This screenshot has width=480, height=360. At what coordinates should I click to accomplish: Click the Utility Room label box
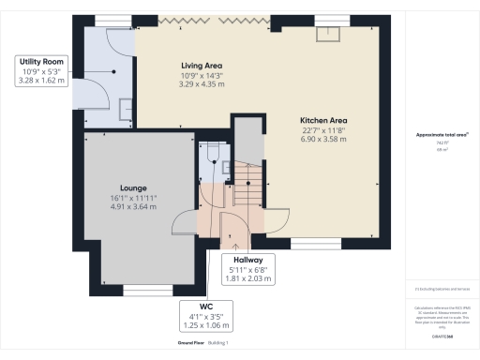(x=42, y=71)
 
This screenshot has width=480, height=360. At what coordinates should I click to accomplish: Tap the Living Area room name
(x=201, y=66)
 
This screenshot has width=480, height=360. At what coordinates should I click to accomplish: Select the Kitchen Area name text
(x=323, y=120)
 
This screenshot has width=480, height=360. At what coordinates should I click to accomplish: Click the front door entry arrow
(x=222, y=246)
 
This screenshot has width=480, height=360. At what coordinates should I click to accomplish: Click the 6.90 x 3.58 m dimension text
(x=323, y=139)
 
